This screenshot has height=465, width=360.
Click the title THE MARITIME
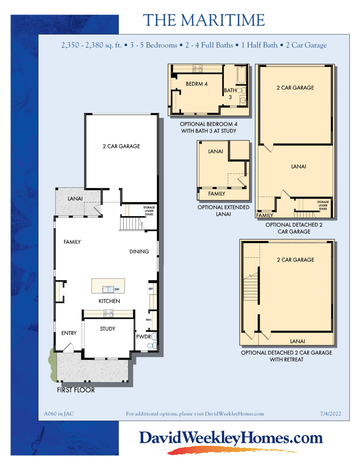204,20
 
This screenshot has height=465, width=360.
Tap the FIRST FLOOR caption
75,390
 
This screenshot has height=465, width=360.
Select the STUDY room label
108,329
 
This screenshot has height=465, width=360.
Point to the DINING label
139,252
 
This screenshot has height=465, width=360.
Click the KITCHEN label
110,301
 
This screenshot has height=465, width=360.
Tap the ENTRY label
69,333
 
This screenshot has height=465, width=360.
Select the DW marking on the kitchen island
117,289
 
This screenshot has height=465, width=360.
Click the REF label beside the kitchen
150,288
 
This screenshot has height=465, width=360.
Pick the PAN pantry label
149,320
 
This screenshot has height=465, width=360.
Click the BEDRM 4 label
196,84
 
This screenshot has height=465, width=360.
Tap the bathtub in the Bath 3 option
239,75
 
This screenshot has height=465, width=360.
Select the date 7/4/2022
330,414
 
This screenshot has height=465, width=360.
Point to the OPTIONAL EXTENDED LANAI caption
224,210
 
